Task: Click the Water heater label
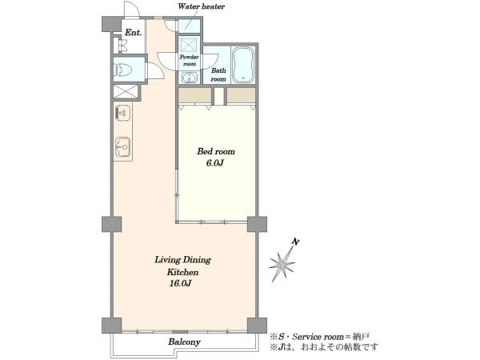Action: [x=201, y=6]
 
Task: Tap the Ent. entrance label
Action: [x=133, y=33]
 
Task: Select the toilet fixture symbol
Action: [x=123, y=70]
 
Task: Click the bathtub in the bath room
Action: [x=243, y=65]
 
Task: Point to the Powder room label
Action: [x=189, y=60]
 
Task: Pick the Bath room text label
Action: [x=218, y=74]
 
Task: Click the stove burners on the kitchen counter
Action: [x=122, y=112]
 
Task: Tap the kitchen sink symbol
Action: [x=122, y=147]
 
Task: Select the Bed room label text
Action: [x=216, y=151]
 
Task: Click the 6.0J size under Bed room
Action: [x=214, y=163]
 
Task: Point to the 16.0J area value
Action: [x=180, y=283]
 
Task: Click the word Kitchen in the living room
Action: [x=182, y=272]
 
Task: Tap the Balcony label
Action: [x=184, y=342]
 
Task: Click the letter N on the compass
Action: [x=296, y=242]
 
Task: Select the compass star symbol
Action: [x=283, y=263]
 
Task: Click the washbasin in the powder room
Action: [x=189, y=78]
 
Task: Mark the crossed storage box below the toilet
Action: [x=126, y=91]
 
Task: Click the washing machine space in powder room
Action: [x=189, y=45]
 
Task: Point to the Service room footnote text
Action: [x=319, y=337]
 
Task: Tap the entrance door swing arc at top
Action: [x=132, y=9]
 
